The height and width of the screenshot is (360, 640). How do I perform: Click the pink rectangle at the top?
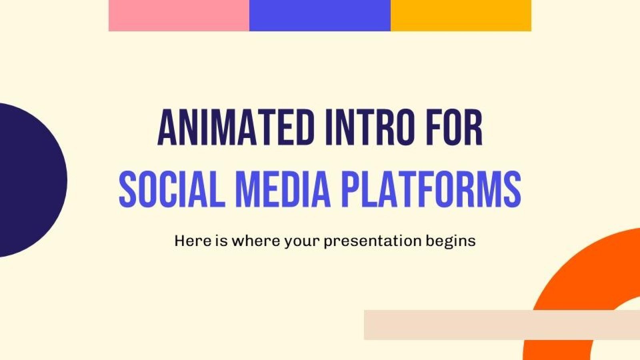[x=179, y=15]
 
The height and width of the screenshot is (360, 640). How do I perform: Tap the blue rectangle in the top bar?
[x=320, y=15]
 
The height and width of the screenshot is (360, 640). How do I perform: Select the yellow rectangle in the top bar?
[x=460, y=15]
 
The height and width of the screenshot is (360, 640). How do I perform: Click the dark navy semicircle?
[x=28, y=180]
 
